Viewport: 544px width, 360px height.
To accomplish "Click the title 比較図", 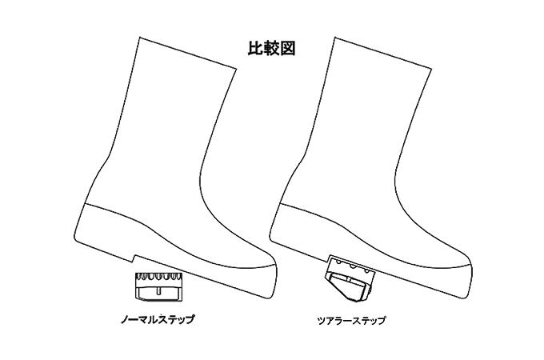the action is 271,48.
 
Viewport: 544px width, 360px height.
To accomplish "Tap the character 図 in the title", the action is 288,48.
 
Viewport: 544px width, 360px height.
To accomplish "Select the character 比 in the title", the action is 255,48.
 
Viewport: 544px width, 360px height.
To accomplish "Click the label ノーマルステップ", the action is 157,319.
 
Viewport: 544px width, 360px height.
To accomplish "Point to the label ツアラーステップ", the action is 351,321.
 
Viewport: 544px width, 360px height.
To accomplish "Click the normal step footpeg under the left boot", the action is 158,286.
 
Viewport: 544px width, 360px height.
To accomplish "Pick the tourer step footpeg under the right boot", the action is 350,278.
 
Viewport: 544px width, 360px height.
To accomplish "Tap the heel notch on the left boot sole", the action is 135,258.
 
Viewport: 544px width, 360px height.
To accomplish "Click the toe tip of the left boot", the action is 276,268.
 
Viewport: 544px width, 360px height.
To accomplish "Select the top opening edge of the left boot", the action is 188,53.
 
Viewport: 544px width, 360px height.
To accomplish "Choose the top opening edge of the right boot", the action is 382,53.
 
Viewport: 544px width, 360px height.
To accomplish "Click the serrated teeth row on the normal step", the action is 158,277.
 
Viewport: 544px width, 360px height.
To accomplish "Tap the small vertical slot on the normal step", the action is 158,291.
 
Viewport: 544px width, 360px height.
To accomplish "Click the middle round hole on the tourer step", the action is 353,267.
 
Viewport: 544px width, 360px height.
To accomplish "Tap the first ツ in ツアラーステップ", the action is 322,321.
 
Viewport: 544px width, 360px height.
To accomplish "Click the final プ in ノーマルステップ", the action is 190,319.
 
